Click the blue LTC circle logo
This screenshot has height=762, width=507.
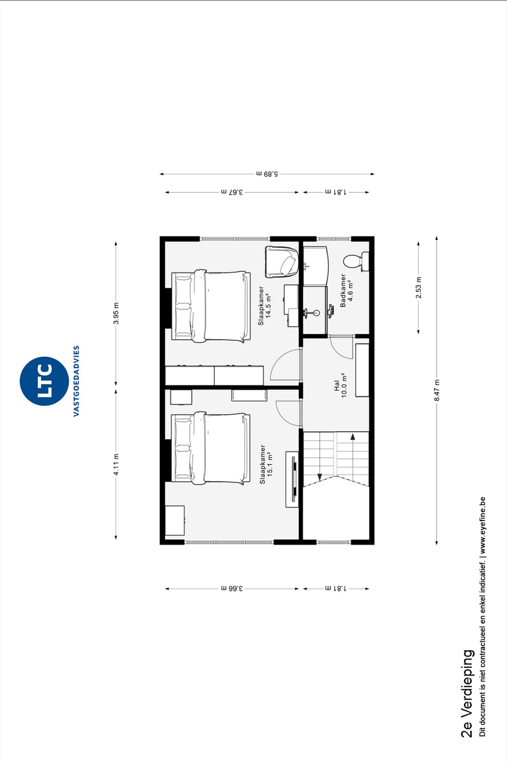(x=44, y=381)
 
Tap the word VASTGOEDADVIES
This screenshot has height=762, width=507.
(x=76, y=381)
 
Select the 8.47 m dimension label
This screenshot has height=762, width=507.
(x=437, y=390)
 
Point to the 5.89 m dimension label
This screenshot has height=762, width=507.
(x=267, y=174)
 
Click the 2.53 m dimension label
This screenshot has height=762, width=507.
(x=418, y=288)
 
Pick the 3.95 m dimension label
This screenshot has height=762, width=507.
(x=116, y=313)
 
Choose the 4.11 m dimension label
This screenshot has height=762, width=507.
(x=116, y=464)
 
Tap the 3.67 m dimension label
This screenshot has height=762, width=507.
(x=232, y=192)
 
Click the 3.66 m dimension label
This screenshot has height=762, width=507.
(x=232, y=588)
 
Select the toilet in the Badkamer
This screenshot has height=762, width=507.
(x=356, y=261)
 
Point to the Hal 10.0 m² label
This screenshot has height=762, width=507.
(x=341, y=385)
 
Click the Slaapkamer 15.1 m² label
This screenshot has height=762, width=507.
(x=266, y=464)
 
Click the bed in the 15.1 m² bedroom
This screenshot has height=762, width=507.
(x=211, y=448)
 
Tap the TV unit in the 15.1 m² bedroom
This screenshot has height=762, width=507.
(x=293, y=479)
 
